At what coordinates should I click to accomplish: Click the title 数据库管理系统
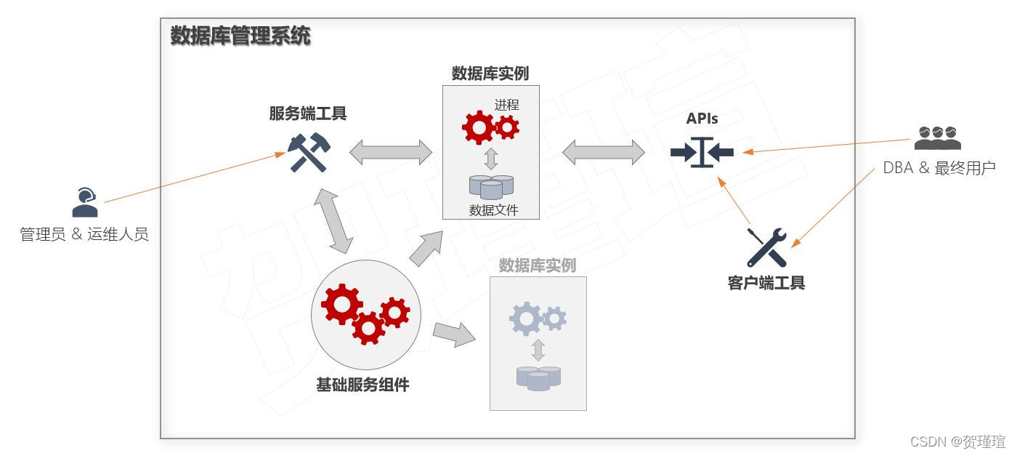(x=240, y=36)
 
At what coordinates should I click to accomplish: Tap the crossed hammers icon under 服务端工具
(x=309, y=153)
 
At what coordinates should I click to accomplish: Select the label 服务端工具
(x=308, y=113)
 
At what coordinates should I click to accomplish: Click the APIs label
(x=702, y=118)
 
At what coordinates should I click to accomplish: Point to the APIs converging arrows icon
(x=702, y=152)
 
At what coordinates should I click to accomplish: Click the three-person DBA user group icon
(x=937, y=137)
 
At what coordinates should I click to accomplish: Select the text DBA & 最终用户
(x=939, y=168)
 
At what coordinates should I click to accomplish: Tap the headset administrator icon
(x=85, y=202)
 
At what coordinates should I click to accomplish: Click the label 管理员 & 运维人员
(x=84, y=234)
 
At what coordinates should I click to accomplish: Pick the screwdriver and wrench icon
(x=766, y=247)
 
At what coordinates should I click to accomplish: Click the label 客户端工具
(x=766, y=283)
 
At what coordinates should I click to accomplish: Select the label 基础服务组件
(x=362, y=385)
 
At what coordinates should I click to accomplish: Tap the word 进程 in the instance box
(x=507, y=105)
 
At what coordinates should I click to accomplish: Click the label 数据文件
(x=494, y=211)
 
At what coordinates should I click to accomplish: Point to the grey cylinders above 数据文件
(x=491, y=186)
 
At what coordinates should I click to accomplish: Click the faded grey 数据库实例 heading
(x=538, y=266)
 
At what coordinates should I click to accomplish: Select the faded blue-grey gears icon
(x=538, y=318)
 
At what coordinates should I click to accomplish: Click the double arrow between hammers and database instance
(x=391, y=152)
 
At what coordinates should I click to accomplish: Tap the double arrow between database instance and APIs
(x=604, y=152)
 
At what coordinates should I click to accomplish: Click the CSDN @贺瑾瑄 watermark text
(x=957, y=441)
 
